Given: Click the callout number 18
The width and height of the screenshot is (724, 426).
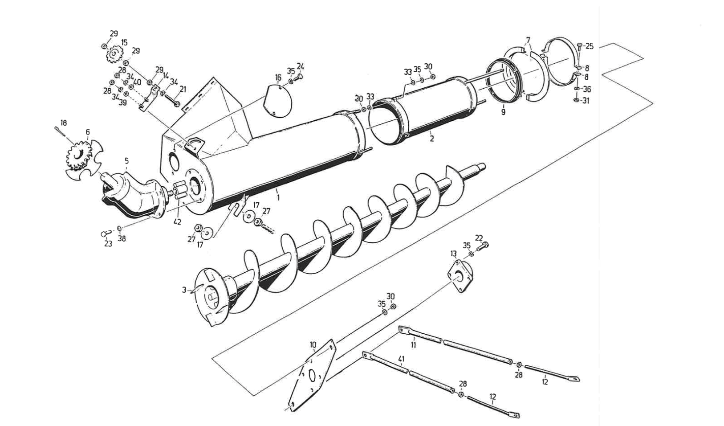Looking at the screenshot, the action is pos(63,123).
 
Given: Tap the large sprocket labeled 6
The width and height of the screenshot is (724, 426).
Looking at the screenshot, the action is pos(79,156).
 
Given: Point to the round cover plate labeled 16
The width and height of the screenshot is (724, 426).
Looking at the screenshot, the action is pos(278,100).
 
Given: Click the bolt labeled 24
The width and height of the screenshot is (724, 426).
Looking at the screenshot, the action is pos(298,77).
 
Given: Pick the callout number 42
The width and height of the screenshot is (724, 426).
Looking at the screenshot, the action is pos(177,222).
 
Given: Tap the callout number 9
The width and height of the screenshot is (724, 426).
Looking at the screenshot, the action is pos(503,112).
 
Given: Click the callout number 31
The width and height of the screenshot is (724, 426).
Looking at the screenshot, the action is pos(586,101).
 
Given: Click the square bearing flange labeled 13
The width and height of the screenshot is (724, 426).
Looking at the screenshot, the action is pos(460,276).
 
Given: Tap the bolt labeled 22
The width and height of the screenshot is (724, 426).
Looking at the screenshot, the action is pos(482,246).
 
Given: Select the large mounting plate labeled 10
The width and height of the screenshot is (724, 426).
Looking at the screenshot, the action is pos(312,375).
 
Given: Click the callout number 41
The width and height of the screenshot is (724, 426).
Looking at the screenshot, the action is pos(402,359).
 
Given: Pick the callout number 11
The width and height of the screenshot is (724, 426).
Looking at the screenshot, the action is pos(413,345).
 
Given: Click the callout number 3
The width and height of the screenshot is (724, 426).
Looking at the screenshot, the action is pos(184,290).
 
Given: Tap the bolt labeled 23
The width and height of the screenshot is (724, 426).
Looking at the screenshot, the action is pos(106,233).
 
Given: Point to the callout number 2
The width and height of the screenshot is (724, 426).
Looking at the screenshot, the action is pos(432,139).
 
